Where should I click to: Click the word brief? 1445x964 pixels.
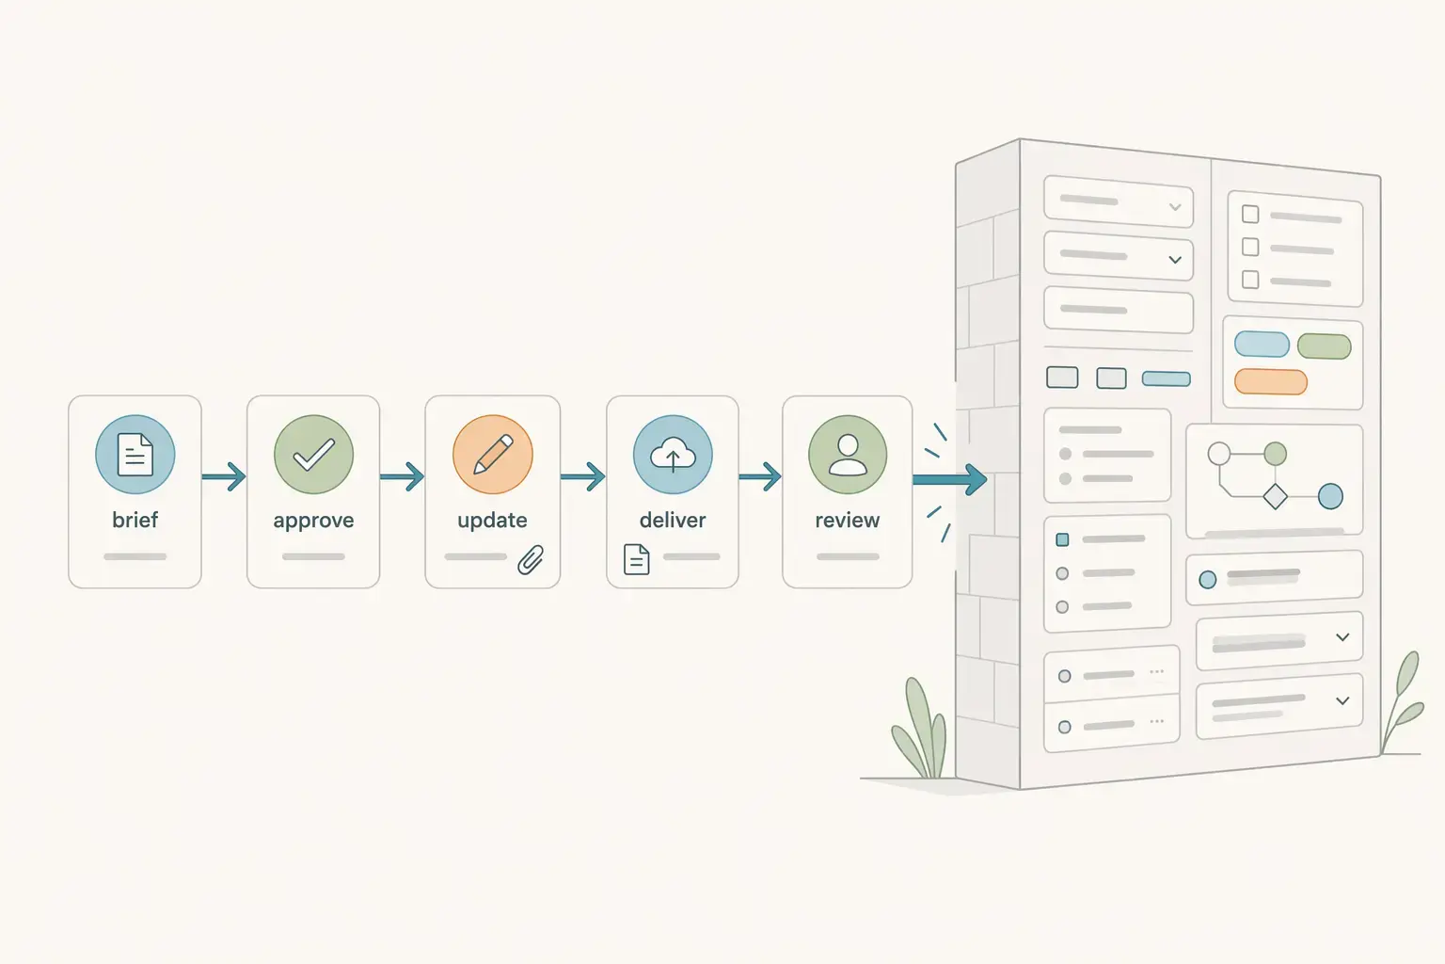coord(135,520)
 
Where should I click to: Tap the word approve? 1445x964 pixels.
coord(313,521)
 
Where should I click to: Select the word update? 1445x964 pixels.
coord(492,521)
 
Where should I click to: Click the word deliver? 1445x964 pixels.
coord(672,520)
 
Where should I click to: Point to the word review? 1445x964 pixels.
coord(847,520)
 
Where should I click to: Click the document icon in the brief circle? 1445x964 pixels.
coord(135,455)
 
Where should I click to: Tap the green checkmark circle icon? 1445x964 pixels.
coord(313,455)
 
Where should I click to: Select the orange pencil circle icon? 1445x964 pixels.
coord(492,455)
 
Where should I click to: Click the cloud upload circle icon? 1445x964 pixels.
coord(672,455)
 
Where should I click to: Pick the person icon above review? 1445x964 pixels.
coord(847,455)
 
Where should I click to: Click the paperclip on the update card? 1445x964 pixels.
coord(531,559)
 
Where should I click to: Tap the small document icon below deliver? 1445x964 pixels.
coord(637,559)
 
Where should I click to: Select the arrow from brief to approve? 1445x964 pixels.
coord(224,477)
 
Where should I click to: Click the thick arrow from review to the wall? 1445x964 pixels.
coord(950,480)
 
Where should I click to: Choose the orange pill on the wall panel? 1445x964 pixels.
coord(1270,381)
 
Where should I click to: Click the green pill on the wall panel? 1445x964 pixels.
coord(1324,346)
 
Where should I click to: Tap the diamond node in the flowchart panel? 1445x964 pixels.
coord(1275,496)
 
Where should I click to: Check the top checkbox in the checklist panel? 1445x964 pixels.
coord(1250,215)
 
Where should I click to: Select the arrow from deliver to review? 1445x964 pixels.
coord(760,477)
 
